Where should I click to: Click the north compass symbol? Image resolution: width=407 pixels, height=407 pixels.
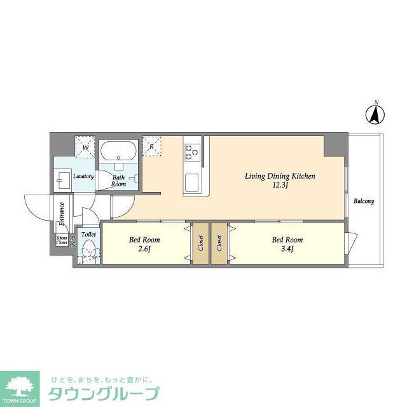376,114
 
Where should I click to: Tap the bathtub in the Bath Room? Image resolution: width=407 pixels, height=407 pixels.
116,152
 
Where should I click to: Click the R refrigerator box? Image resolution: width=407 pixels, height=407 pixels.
153,146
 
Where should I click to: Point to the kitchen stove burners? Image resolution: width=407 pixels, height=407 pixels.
191,151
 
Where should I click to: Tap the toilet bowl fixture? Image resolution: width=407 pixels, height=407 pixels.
89,253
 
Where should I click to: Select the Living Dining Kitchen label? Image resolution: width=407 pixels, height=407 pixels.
280,176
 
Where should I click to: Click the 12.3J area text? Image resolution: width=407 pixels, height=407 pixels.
280,186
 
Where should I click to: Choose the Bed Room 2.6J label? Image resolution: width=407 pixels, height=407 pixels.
144,244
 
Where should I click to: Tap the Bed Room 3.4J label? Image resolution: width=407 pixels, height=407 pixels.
287,244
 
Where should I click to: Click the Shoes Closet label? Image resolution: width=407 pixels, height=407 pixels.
62,240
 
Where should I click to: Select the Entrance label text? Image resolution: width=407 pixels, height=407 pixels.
62,214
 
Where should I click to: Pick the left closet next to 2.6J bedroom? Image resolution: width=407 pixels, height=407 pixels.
200,242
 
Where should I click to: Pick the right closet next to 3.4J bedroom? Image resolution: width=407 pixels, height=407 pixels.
219,242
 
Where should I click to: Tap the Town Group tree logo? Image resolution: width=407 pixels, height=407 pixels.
21,385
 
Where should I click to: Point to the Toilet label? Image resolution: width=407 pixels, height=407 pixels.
88,235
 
